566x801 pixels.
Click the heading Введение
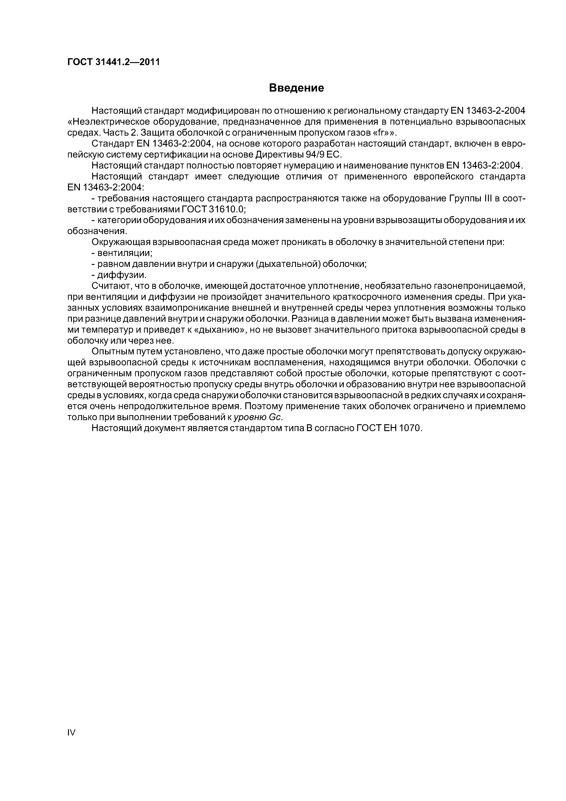click(296, 88)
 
